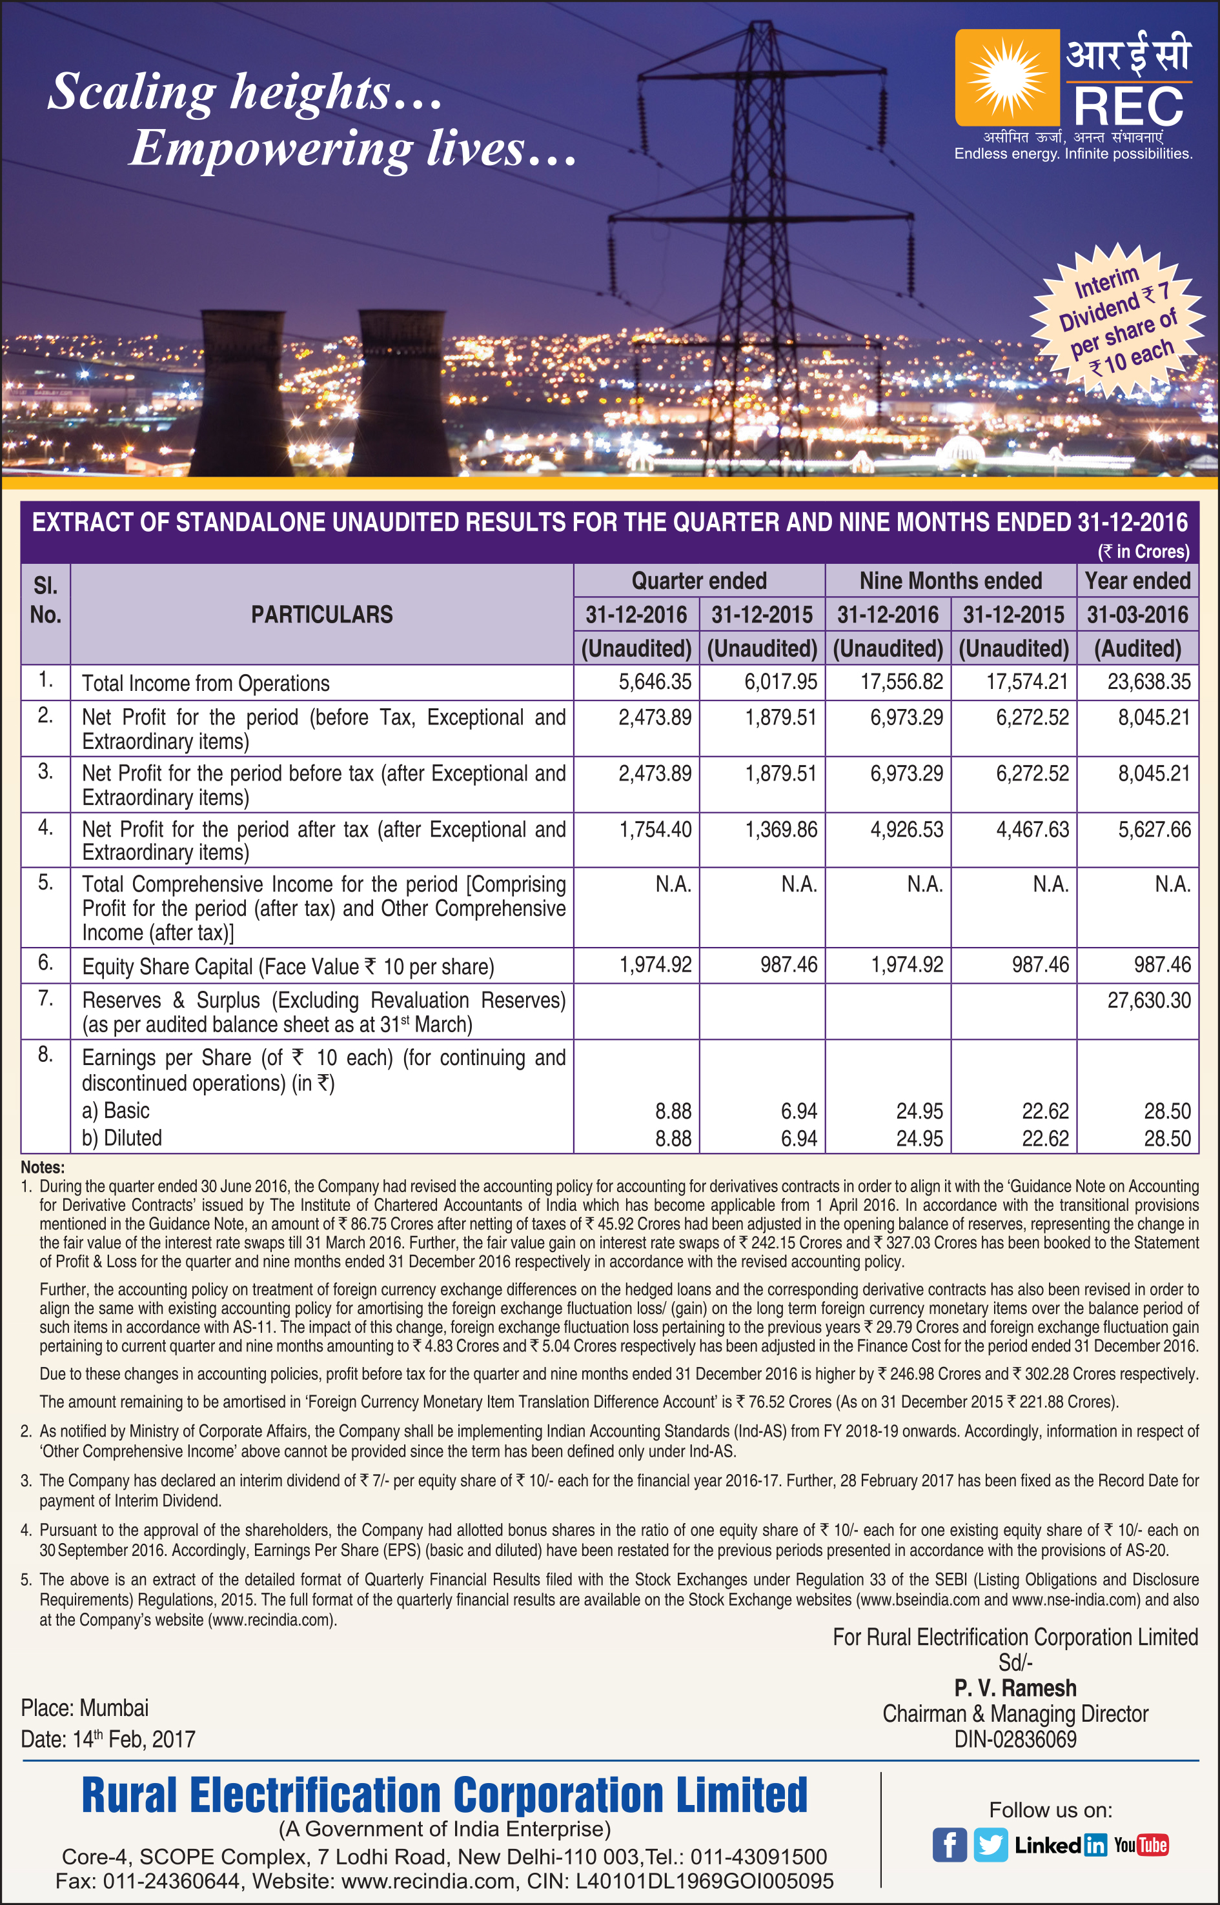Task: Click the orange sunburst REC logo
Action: (1007, 77)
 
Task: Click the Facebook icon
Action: (949, 1845)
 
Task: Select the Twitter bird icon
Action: (990, 1845)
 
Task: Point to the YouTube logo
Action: (1141, 1845)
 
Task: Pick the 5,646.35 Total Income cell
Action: (655, 682)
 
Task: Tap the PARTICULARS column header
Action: (321, 614)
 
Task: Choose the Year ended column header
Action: (1137, 581)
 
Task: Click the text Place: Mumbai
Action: (85, 1708)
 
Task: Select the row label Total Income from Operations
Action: (206, 683)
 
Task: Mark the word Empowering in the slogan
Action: (269, 148)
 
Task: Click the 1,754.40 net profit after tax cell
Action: (655, 829)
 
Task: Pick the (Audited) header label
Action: (1137, 648)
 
